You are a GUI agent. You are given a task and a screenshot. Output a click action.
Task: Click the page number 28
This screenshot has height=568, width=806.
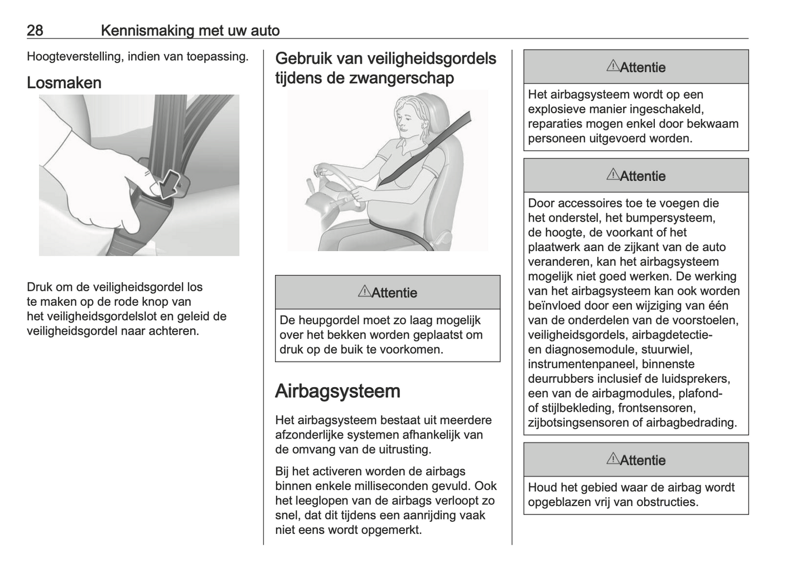(35, 30)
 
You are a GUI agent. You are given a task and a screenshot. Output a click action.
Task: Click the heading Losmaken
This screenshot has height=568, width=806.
(64, 83)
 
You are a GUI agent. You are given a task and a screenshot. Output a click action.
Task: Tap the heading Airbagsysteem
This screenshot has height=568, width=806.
(337, 391)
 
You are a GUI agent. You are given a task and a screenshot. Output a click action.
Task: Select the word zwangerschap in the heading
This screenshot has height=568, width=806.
(401, 78)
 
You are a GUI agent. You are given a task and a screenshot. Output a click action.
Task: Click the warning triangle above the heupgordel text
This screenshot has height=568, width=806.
(364, 291)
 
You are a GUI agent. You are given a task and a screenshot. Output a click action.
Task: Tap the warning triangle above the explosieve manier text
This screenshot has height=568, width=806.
(612, 66)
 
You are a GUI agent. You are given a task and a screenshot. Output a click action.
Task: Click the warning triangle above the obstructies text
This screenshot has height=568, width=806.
(612, 459)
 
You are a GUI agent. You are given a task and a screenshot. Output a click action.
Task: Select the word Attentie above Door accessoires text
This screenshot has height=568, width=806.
(643, 176)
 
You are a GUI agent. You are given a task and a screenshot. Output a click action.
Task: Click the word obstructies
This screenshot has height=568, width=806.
(667, 502)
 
